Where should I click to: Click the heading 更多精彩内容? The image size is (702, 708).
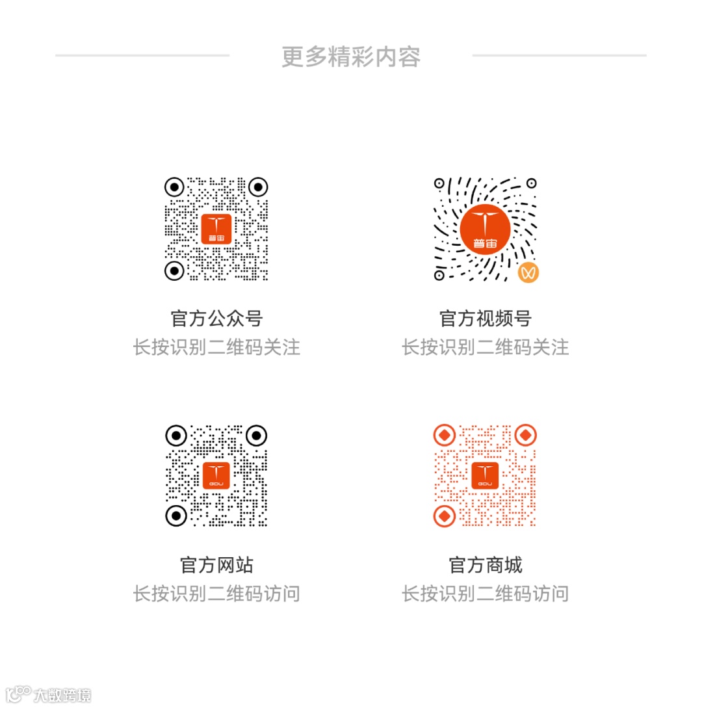click(x=351, y=57)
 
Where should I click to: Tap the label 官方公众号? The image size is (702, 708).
click(x=216, y=319)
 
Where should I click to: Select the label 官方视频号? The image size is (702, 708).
click(x=486, y=319)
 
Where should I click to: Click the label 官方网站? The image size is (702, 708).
click(x=216, y=565)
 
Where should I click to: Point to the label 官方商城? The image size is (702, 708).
click(x=486, y=565)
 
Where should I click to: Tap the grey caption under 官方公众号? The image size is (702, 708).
click(x=216, y=347)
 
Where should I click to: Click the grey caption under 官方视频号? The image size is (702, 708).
click(x=486, y=347)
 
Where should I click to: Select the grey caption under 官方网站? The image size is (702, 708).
click(x=216, y=594)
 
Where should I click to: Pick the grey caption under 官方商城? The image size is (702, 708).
click(x=486, y=594)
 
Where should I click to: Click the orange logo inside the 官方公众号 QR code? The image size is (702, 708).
click(x=216, y=229)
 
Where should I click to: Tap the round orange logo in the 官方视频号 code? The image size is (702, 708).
click(x=486, y=227)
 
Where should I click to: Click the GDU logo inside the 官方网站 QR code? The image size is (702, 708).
click(x=216, y=475)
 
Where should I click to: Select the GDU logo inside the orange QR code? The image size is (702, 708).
click(x=485, y=475)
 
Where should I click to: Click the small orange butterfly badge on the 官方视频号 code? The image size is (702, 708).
click(x=529, y=272)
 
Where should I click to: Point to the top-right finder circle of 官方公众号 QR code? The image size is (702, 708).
click(x=258, y=187)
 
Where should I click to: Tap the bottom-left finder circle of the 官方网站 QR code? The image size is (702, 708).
click(x=175, y=516)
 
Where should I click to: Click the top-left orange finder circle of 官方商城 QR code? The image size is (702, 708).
click(x=444, y=434)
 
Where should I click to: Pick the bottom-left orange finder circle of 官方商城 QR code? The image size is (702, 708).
click(x=444, y=516)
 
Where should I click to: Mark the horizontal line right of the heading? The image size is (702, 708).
click(x=559, y=56)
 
